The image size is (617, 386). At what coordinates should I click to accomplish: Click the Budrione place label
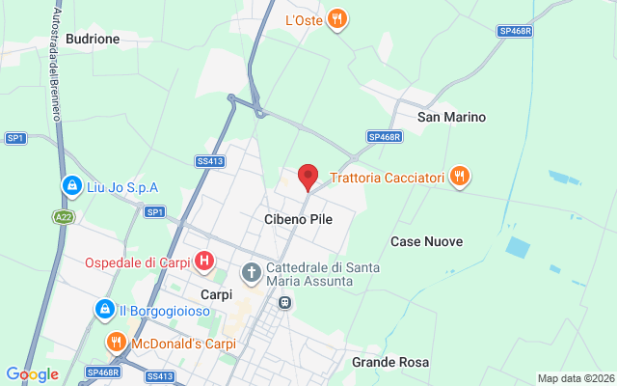[x=93, y=40]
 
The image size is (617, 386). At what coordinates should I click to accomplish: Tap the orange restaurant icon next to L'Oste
[x=336, y=18]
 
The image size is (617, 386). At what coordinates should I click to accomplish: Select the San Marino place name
[x=451, y=117]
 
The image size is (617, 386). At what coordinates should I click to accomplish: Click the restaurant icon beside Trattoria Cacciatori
[x=461, y=177]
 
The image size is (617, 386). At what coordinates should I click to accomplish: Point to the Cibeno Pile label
[x=298, y=220]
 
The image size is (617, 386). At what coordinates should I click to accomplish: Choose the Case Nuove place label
[x=426, y=241]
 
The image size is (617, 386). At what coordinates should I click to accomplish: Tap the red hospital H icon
[x=204, y=261]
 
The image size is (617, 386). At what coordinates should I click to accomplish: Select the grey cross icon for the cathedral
[x=251, y=273]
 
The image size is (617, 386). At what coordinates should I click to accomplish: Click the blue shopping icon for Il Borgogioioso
[x=103, y=310]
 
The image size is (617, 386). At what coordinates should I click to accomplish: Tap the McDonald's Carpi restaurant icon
[x=115, y=343]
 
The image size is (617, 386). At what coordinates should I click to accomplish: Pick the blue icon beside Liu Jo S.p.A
[x=70, y=186]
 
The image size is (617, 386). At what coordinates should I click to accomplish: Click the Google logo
[x=32, y=374]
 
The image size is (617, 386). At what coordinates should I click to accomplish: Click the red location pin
[x=308, y=178]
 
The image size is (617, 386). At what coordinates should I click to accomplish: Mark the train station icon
[x=285, y=303]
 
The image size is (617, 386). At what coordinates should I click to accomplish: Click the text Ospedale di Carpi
[x=138, y=262]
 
